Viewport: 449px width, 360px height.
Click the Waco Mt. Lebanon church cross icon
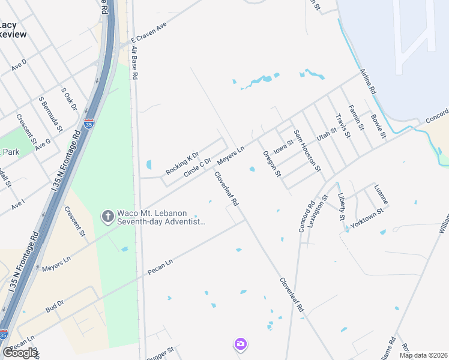(x=108, y=216)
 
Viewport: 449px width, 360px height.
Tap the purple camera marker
(x=240, y=344)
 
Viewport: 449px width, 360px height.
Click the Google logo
(x=20, y=353)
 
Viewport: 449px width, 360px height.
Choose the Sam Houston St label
(x=307, y=151)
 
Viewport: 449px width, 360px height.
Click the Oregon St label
(x=272, y=163)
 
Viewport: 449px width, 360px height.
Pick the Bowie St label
(x=378, y=125)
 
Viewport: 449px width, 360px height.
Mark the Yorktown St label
(x=367, y=222)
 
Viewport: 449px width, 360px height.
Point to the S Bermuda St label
(x=50, y=114)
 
